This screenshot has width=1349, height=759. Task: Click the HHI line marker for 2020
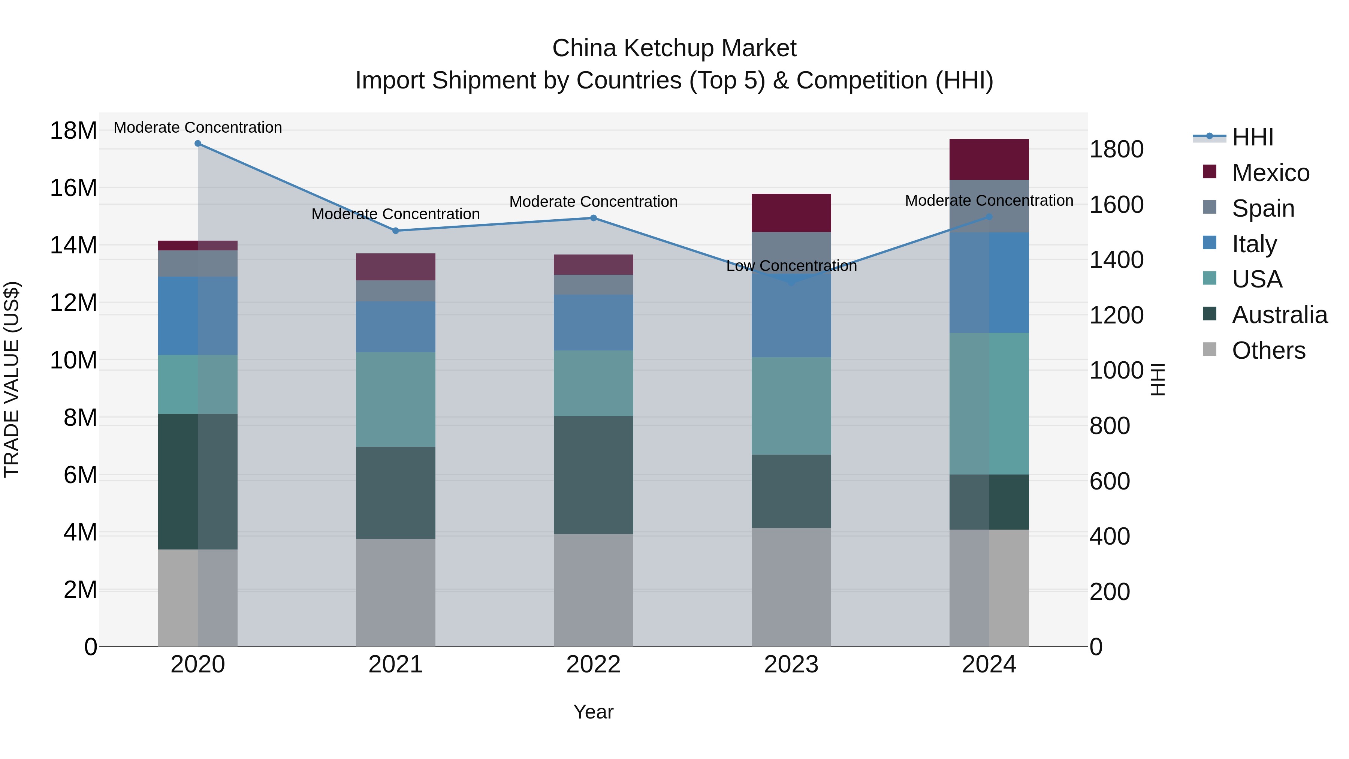coord(198,144)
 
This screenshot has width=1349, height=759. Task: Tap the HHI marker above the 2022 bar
coord(593,218)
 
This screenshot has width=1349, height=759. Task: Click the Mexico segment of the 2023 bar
coord(791,213)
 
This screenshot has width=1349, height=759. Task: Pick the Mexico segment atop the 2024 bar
coord(989,159)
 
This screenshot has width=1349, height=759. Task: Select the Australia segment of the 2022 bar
coord(593,475)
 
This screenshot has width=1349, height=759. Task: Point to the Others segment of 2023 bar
coord(791,587)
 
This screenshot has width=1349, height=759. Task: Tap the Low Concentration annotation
coord(791,266)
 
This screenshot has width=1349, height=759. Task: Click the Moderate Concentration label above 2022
coord(593,202)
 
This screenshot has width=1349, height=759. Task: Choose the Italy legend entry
coord(1254,244)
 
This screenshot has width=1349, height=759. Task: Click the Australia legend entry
coord(1279,315)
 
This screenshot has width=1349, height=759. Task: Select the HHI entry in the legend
coord(1252,137)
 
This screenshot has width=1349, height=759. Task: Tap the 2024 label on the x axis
coord(989,665)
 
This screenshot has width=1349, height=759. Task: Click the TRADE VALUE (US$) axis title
coord(12,379)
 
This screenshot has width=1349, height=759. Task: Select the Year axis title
coord(593,712)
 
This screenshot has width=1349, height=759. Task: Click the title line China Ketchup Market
coord(674,48)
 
